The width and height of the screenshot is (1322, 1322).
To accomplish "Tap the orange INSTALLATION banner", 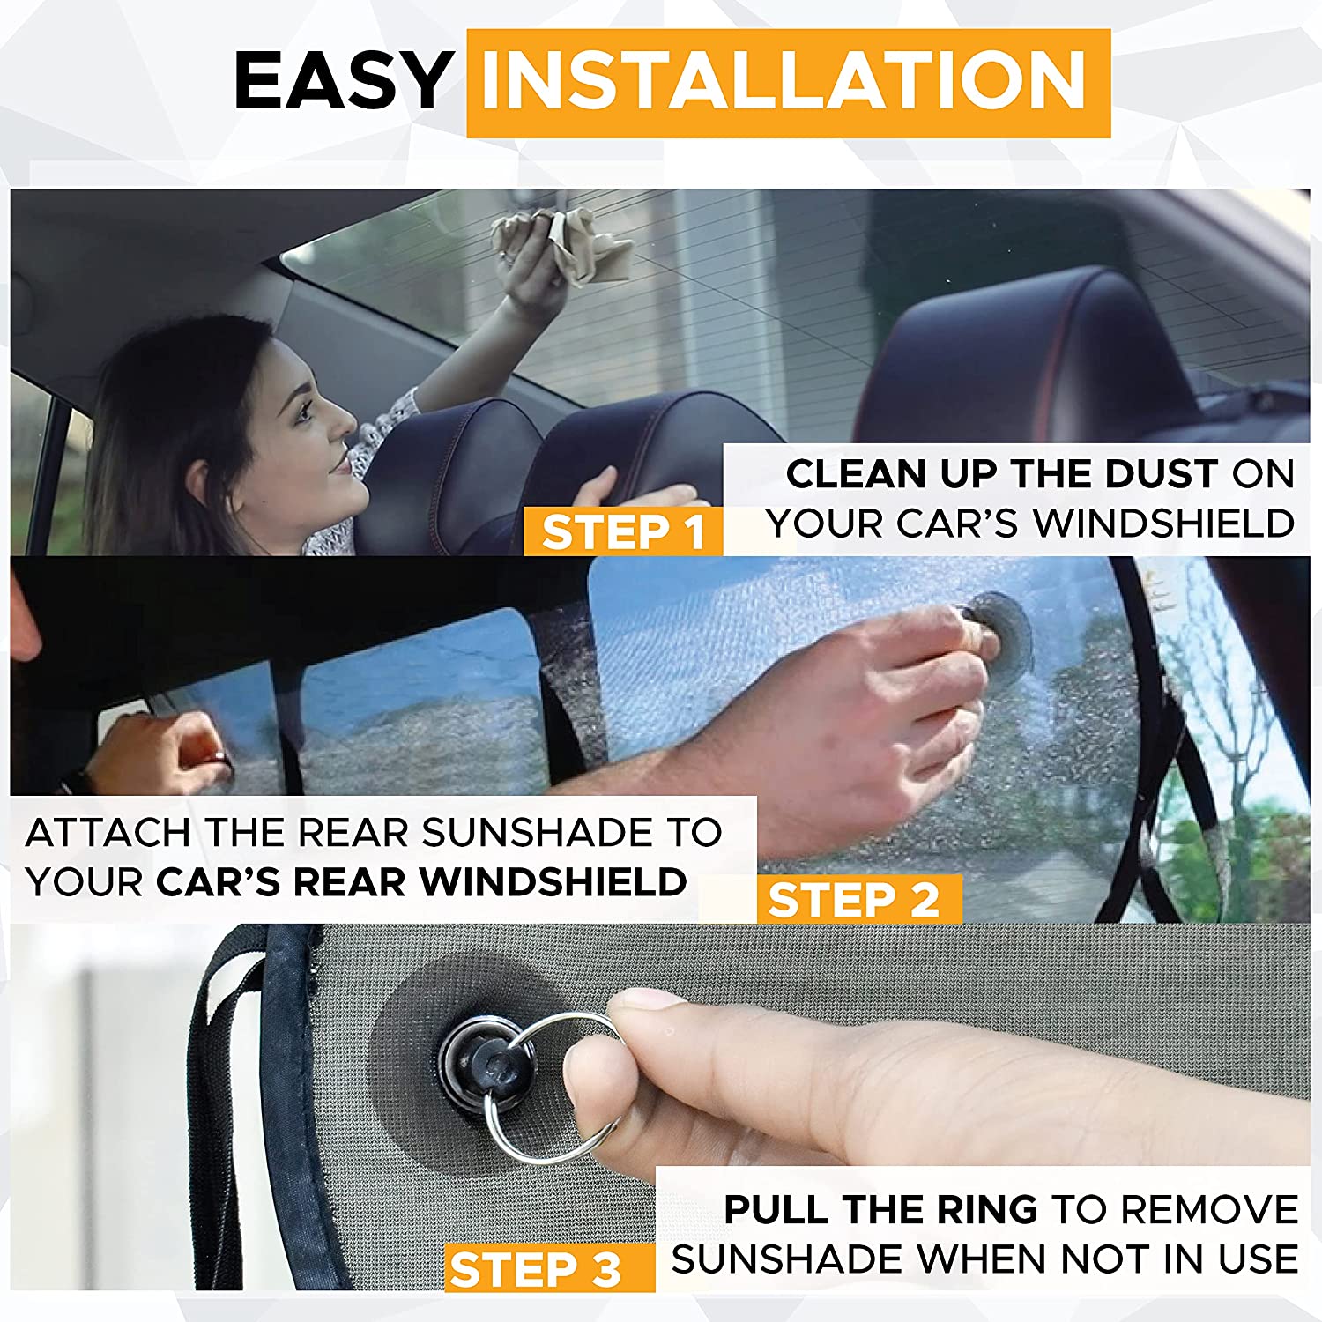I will click(x=787, y=83).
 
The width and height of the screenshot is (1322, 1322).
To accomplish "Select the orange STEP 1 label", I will click(x=622, y=531).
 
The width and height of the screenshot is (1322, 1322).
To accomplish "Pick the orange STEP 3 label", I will click(x=537, y=1269).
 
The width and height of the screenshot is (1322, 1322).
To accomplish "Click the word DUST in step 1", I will click(x=1161, y=474).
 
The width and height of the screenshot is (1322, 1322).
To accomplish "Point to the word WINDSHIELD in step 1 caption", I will click(x=1163, y=524).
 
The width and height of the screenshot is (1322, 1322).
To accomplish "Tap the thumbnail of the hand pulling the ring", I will click(x=649, y=999).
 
